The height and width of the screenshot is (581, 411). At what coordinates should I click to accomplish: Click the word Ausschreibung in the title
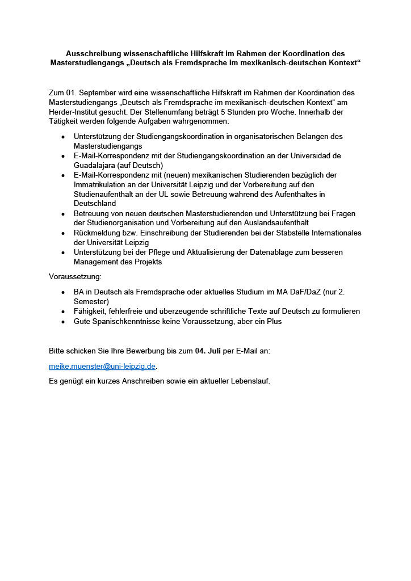[92, 53]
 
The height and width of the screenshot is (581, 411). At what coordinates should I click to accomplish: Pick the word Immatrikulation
[101, 184]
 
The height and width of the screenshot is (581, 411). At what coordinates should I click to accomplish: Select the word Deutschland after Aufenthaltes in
[95, 203]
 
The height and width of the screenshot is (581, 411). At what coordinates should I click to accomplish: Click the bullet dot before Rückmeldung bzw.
[62, 233]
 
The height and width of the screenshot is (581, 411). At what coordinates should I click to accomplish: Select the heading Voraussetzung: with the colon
[75, 276]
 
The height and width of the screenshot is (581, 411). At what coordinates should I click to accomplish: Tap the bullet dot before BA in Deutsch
[62, 292]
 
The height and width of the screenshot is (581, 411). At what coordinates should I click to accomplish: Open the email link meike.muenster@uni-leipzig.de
[102, 366]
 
